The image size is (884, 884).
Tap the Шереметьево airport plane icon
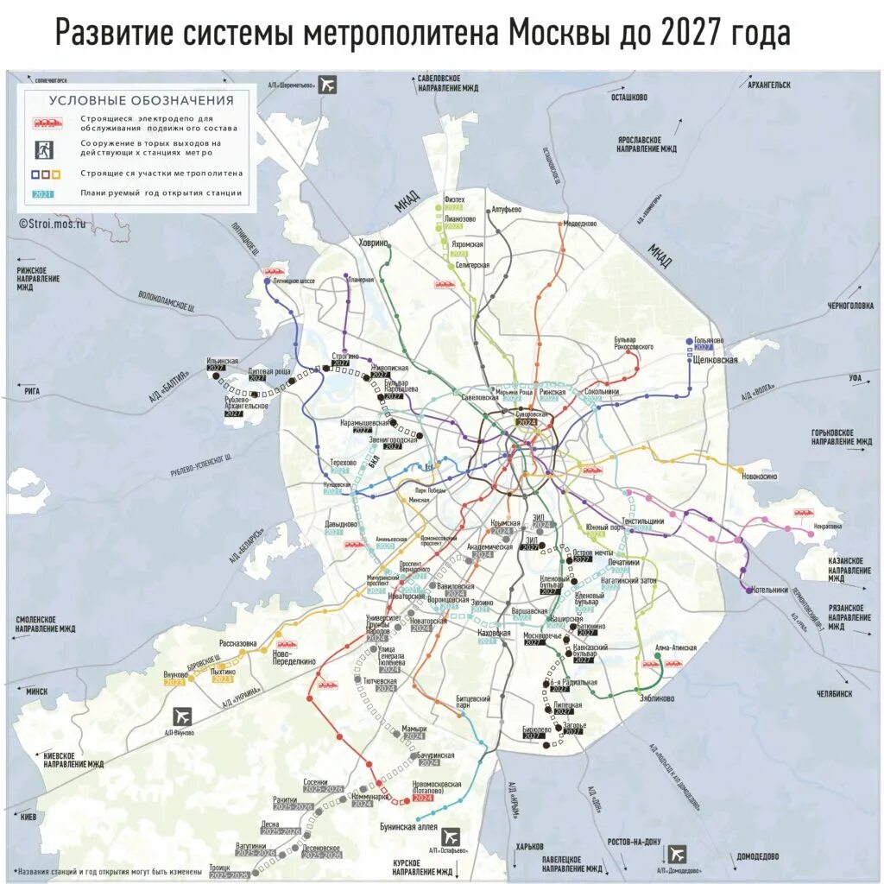pyautogui.click(x=327, y=85)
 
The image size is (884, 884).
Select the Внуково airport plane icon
pyautogui.click(x=183, y=717)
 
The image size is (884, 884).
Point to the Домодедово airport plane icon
pyautogui.click(x=678, y=854)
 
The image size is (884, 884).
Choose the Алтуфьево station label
pyautogui.click(x=505, y=210)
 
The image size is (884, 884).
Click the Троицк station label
pyautogui.click(x=218, y=868)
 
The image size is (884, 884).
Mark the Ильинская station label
pyautogui.click(x=222, y=361)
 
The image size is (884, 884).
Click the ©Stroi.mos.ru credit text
pyautogui.click(x=53, y=222)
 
